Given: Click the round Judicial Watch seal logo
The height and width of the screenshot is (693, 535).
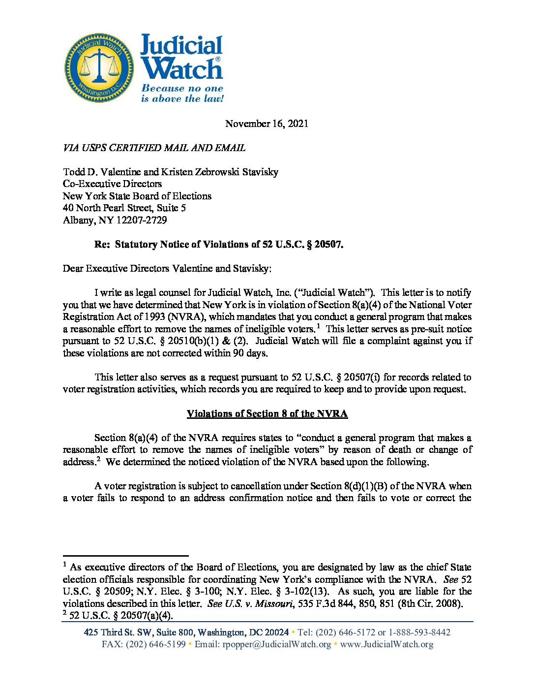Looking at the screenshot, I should [99, 68].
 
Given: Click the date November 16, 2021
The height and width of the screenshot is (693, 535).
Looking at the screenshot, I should [267, 124].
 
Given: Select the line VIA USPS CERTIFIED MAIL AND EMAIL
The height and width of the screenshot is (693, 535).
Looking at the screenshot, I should [154, 148].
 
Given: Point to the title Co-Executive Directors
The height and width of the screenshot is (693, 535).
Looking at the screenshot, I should [112, 184].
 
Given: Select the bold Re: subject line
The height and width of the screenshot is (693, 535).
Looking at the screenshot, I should [219, 244].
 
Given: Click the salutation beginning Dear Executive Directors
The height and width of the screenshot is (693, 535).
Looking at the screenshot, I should [167, 268].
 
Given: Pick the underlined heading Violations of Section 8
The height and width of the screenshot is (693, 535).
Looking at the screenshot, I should [267, 413].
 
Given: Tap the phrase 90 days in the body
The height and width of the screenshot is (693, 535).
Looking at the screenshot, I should [250, 353].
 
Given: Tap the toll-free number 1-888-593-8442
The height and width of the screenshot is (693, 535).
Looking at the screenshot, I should [419, 632].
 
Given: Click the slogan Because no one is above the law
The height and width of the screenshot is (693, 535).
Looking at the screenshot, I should [182, 94].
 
